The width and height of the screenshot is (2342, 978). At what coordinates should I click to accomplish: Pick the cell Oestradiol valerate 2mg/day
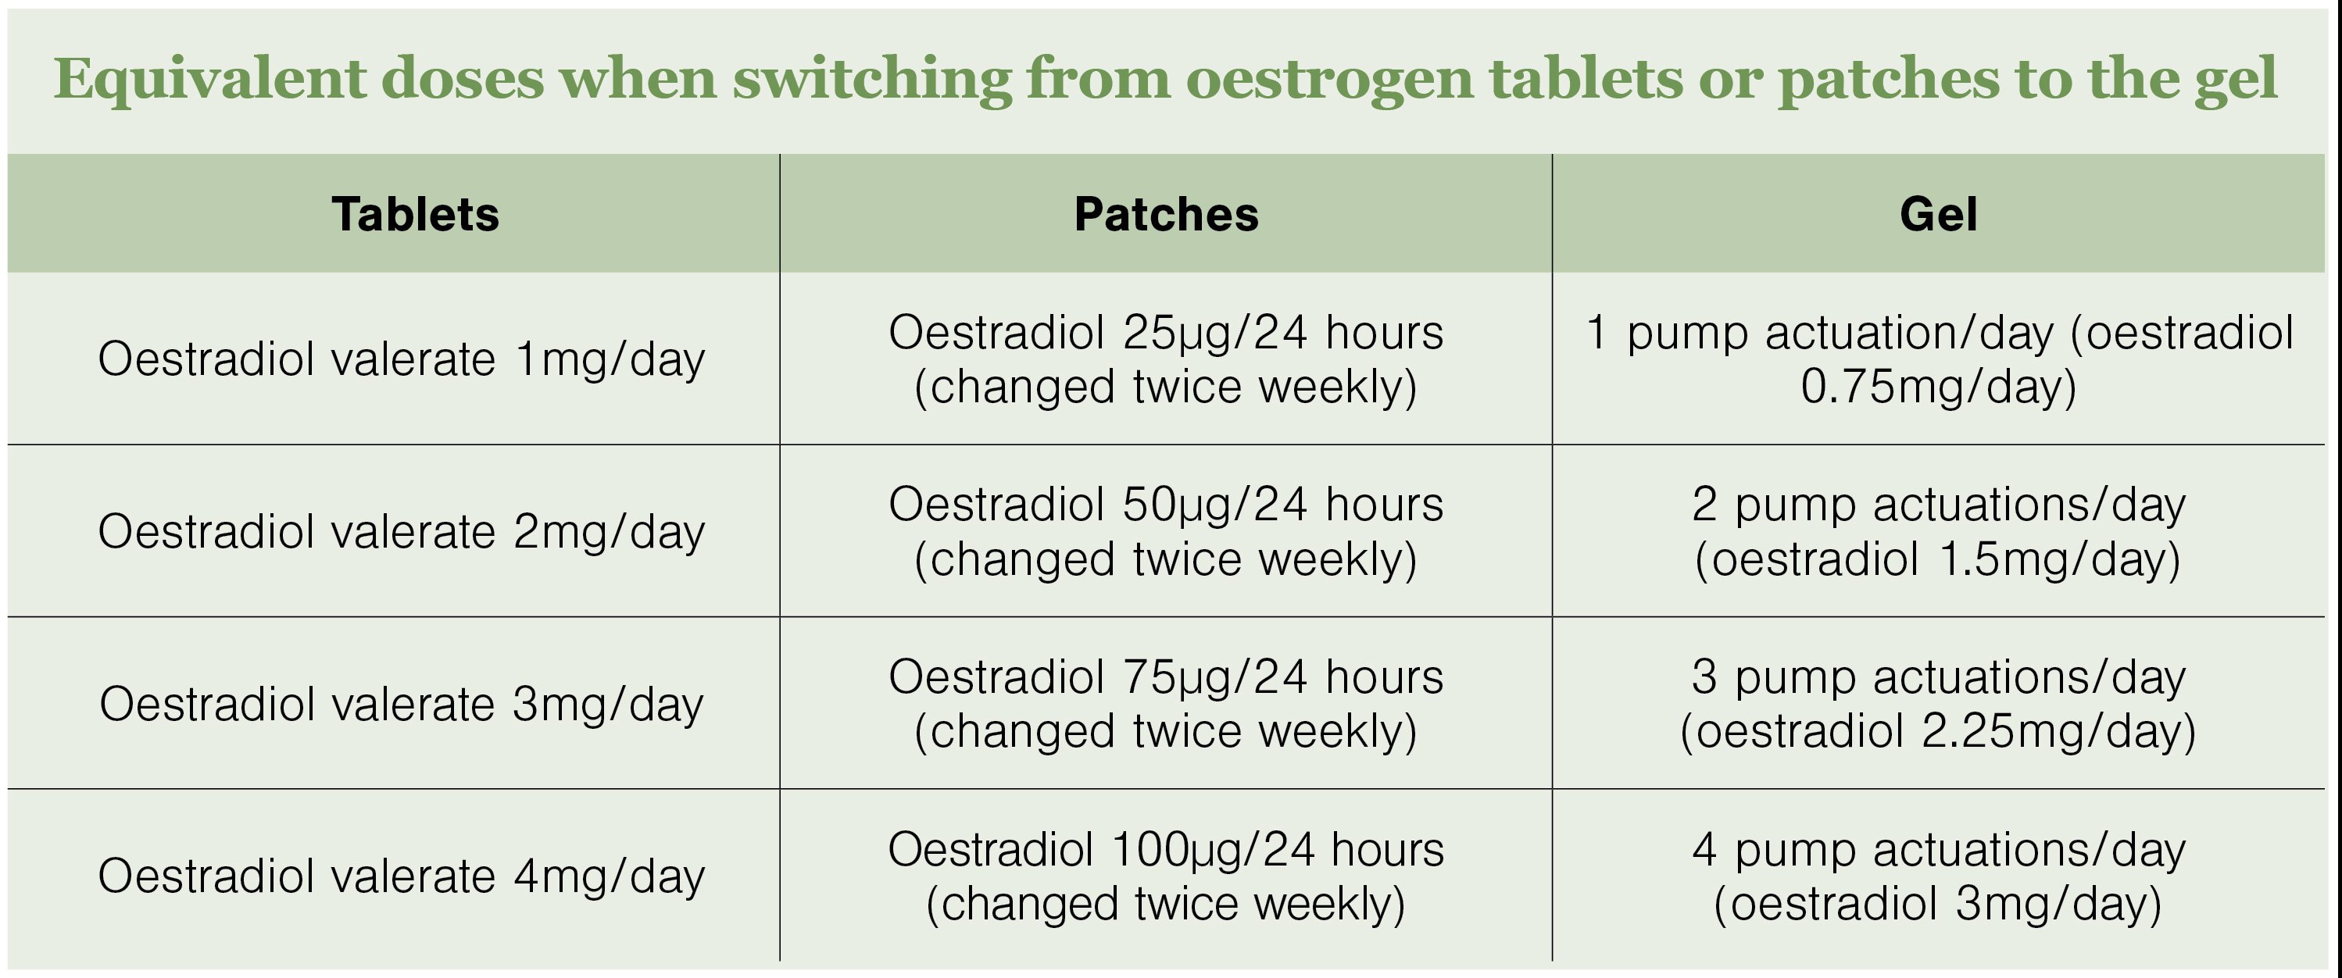(x=401, y=532)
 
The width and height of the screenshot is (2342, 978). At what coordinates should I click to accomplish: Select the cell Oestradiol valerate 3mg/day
(x=401, y=705)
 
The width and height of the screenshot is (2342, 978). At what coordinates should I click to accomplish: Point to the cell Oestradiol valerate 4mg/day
(x=401, y=876)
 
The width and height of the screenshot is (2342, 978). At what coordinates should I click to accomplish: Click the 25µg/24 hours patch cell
(x=1167, y=359)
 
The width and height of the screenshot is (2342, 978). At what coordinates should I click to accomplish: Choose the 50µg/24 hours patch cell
(x=1167, y=532)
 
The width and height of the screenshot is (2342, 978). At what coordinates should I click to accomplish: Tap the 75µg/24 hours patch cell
(x=1167, y=705)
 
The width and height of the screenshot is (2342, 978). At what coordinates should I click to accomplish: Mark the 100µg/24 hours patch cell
(x=1167, y=876)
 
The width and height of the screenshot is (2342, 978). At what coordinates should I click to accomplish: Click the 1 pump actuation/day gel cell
(x=1938, y=359)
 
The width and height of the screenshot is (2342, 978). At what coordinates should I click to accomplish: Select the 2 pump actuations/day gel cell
(x=1938, y=532)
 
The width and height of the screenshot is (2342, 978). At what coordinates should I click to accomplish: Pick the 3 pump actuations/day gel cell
(x=1938, y=705)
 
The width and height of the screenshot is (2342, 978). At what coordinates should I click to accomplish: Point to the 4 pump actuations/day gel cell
(x=1938, y=876)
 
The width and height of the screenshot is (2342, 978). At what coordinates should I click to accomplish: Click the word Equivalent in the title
(x=208, y=80)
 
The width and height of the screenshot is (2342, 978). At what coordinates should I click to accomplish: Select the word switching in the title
(x=873, y=80)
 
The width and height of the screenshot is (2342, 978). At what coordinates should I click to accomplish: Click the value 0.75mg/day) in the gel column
(x=1938, y=387)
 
